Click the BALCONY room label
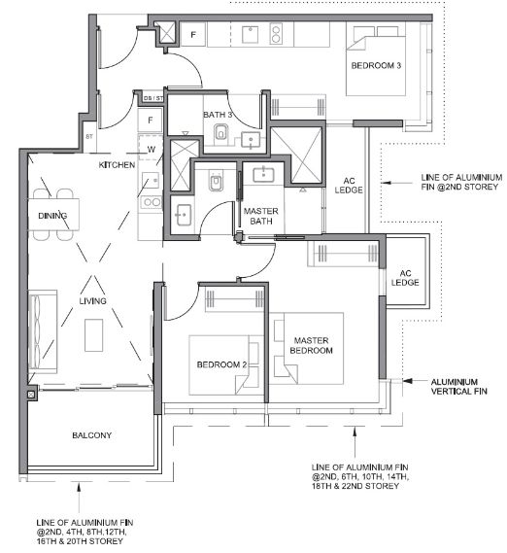click(91, 435)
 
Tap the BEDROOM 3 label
click(376, 65)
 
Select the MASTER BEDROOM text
click(311, 345)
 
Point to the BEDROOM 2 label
click(221, 364)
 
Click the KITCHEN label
click(117, 165)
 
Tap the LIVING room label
click(92, 301)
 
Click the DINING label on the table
click(52, 216)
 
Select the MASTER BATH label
click(261, 216)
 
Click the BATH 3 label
click(218, 115)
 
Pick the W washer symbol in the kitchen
click(152, 150)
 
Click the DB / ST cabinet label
click(153, 98)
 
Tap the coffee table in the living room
click(94, 335)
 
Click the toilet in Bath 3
click(220, 132)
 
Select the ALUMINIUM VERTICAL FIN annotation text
click(458, 386)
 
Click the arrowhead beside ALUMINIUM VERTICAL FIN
click(408, 381)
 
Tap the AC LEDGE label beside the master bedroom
click(405, 278)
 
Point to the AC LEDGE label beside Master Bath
click(349, 186)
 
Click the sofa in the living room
click(43, 331)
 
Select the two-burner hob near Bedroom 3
click(276, 33)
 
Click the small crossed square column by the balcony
click(31, 395)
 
